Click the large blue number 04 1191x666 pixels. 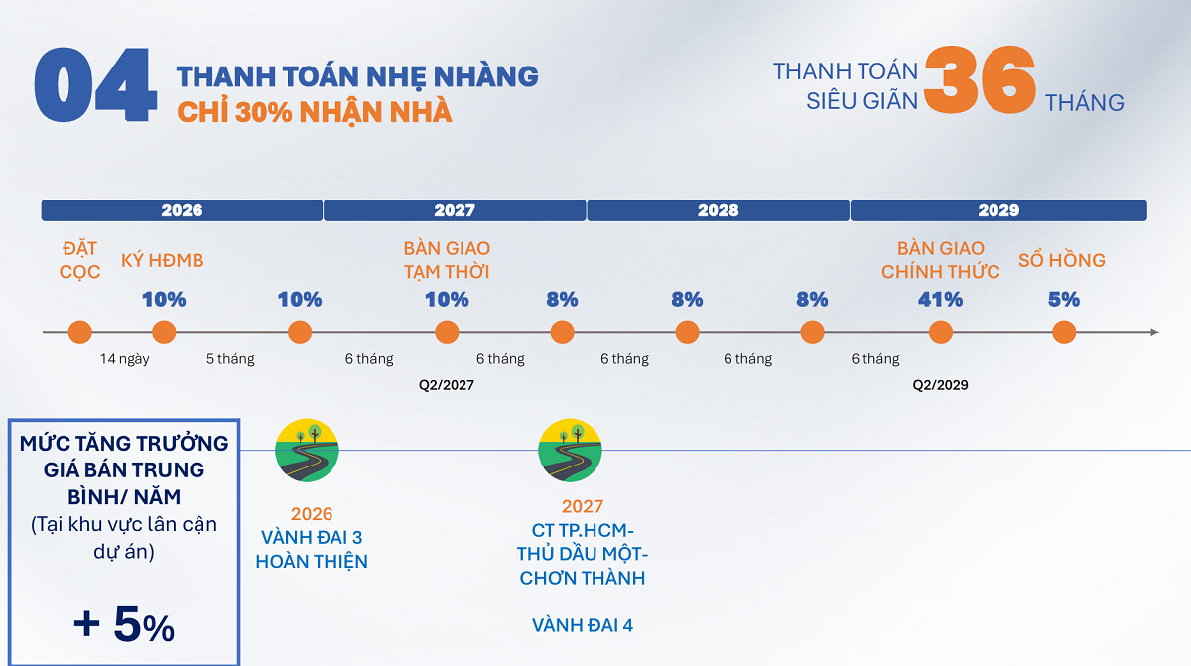(95, 85)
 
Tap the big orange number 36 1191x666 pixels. (980, 79)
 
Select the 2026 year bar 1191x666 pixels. (182, 210)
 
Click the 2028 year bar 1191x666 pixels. (718, 210)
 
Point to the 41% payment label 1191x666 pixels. (940, 300)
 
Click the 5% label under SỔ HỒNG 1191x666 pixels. (1063, 300)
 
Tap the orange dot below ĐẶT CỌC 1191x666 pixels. (79, 333)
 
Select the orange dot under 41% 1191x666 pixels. (941, 333)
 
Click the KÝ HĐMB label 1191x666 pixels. (162, 260)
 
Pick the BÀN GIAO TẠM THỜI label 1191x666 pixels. (447, 260)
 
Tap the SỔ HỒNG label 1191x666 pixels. (1062, 260)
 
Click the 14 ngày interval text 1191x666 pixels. (125, 359)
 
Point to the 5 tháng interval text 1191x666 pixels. (230, 359)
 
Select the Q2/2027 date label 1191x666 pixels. (446, 385)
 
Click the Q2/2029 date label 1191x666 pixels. (940, 385)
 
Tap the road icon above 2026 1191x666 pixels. (307, 451)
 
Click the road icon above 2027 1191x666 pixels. (570, 451)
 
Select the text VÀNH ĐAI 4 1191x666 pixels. (583, 625)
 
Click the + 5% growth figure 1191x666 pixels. (124, 624)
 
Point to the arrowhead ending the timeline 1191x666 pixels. (1155, 333)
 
